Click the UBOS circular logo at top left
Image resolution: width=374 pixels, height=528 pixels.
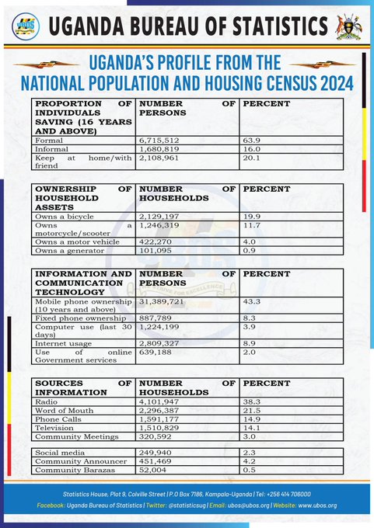point(26,26)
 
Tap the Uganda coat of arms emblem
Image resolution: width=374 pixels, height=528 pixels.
point(348,27)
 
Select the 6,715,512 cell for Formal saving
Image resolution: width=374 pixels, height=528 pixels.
point(159,141)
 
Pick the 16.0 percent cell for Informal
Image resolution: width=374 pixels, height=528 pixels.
point(252,149)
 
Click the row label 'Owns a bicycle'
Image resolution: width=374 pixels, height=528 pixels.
point(65,217)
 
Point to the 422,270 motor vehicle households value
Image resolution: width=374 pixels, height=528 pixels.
point(156,241)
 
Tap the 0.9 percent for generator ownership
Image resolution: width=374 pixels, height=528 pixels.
point(250,251)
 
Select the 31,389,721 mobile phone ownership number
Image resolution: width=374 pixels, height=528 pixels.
point(161,302)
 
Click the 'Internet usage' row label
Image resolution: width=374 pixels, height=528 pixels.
point(64,344)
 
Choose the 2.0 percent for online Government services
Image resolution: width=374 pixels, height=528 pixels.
point(250,353)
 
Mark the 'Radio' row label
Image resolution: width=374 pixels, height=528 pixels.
point(46,401)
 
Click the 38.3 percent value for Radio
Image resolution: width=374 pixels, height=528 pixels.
point(252,401)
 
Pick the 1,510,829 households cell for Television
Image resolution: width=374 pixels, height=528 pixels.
point(159,428)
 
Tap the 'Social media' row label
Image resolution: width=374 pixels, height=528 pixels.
point(60,453)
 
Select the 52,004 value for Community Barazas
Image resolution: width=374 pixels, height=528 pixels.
point(152,470)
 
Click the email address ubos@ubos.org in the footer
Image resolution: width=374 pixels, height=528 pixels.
point(249,505)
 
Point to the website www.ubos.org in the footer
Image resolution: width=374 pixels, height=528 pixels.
point(317,505)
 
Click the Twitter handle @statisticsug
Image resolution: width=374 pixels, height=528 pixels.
point(187,505)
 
